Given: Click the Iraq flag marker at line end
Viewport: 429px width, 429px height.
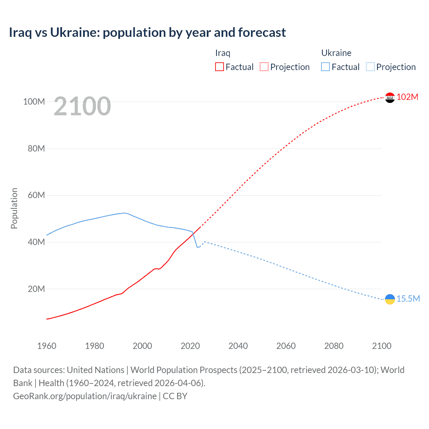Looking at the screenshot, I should [390, 98].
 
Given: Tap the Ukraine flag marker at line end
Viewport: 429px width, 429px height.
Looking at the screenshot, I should [390, 299].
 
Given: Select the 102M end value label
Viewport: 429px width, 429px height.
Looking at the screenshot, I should [407, 97].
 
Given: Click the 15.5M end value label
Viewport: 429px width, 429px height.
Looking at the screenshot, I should [408, 299].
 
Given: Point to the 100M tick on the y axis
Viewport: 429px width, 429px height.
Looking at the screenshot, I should [34, 102].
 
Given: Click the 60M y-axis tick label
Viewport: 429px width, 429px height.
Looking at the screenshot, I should [36, 195].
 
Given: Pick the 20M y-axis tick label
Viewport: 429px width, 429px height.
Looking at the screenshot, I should [36, 289].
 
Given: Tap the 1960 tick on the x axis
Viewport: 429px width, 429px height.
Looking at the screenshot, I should [47, 346].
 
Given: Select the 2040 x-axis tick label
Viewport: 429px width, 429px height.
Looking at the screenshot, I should [238, 346].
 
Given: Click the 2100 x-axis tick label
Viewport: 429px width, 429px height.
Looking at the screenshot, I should [381, 346].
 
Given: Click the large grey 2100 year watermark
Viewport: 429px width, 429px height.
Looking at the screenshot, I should [82, 106].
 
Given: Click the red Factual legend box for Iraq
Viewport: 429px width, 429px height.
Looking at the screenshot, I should [219, 67].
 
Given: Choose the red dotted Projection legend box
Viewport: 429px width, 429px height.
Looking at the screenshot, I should [264, 67].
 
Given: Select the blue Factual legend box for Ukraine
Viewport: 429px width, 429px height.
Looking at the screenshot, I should [325, 67].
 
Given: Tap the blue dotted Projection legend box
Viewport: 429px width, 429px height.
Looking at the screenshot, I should [370, 67].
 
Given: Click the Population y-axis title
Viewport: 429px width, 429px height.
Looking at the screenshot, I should [14, 208].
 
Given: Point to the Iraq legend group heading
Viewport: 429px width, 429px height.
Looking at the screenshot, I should [223, 53].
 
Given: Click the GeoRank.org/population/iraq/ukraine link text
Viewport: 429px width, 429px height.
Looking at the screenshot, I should [85, 396].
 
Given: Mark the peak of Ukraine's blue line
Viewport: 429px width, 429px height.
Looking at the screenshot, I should [124, 213].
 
